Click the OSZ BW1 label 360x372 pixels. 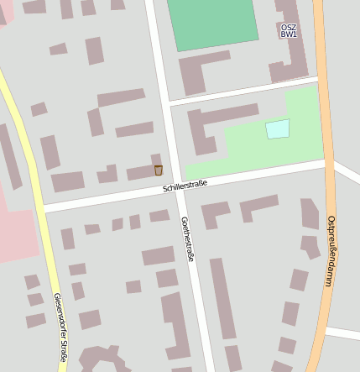288,31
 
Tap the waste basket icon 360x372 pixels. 158,170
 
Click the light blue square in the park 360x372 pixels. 277,129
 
